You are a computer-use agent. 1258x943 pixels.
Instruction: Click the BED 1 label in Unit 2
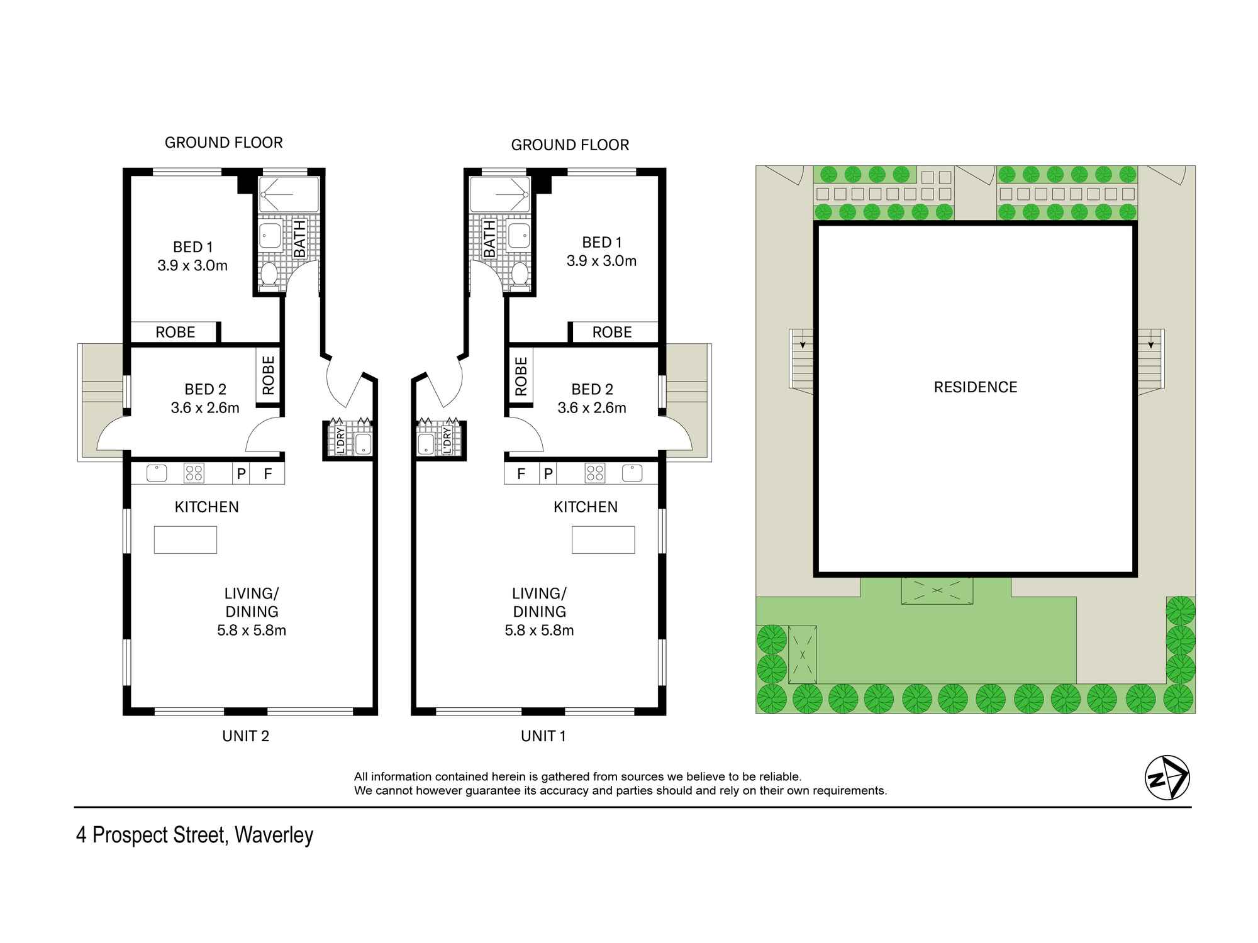coord(192,247)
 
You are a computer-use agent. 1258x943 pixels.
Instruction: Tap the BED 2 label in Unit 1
coord(592,389)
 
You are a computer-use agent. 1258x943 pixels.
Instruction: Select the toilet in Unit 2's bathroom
coord(269,275)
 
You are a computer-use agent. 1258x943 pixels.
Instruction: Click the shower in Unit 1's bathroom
coord(500,194)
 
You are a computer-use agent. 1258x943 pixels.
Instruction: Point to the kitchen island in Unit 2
coord(186,540)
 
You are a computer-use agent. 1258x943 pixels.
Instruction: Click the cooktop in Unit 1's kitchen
coord(594,473)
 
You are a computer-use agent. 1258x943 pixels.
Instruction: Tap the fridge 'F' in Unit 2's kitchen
coord(267,473)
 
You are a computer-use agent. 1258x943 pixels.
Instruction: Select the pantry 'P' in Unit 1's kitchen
coord(548,473)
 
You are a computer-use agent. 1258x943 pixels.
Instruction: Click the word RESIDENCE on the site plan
coord(975,387)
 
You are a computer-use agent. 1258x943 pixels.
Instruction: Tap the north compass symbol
coord(1167,778)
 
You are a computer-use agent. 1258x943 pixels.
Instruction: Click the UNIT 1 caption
coord(543,736)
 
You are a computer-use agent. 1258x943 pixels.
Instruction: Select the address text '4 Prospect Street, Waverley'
coord(194,835)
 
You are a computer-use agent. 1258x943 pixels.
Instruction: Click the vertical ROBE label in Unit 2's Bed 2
coord(269,375)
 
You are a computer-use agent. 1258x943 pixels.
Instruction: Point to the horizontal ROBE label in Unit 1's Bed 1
coord(612,333)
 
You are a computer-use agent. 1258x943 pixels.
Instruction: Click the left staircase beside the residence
coord(802,359)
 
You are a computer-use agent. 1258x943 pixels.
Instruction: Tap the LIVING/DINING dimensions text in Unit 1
coord(539,630)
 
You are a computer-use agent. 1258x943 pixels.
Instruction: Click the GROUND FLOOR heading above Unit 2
coord(223,143)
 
